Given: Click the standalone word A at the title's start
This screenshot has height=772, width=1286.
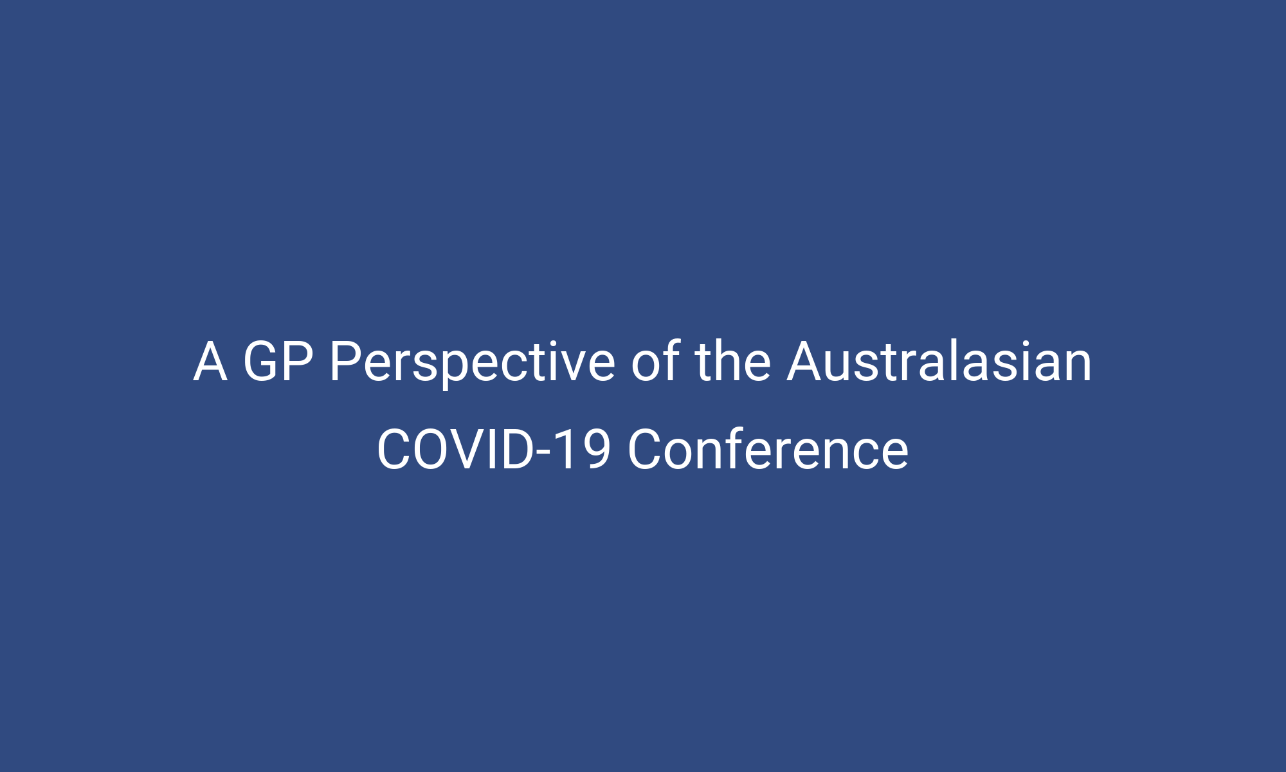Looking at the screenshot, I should click(x=210, y=362).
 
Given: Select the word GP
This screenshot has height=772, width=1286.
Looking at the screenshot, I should click(x=278, y=362).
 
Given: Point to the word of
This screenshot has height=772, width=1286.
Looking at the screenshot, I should click(x=655, y=362).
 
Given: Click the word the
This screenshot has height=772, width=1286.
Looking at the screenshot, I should click(x=732, y=362).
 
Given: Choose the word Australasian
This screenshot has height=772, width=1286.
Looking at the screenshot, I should click(x=939, y=362).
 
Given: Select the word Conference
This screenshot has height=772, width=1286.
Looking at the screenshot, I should click(x=768, y=450).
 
